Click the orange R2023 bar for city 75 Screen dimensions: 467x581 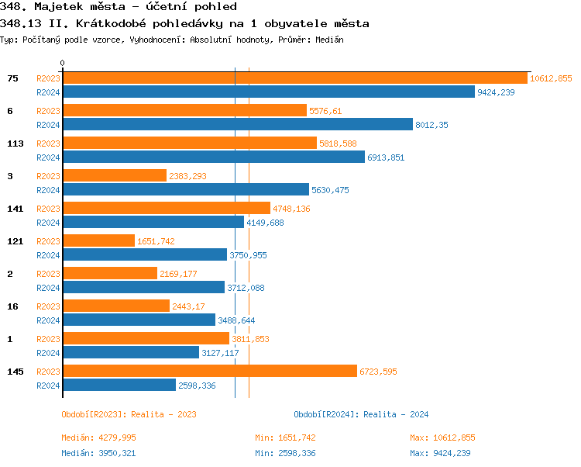tap(294, 78)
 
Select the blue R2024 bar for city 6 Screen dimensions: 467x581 tap(237, 124)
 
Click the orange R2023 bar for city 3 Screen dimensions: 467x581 tap(114, 175)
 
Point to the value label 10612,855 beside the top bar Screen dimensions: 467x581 tap(551, 78)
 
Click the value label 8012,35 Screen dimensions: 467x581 tap(432, 125)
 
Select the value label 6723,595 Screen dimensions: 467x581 tap(378, 372)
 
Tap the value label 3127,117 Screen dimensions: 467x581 tap(220, 353)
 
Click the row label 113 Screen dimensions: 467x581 tap(14, 144)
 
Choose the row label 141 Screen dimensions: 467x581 tap(14, 209)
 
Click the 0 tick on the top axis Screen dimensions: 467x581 tap(63, 63)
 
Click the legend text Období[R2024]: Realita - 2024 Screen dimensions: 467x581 tap(361, 414)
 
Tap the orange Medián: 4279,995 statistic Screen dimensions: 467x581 tap(98, 438)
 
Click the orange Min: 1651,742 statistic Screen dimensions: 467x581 tap(285, 438)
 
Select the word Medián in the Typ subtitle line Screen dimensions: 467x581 tap(328, 40)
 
